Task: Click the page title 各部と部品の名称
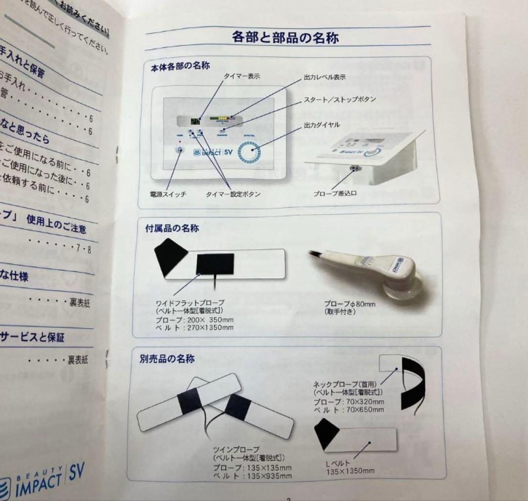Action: (x=286, y=37)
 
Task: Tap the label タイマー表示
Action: (x=242, y=76)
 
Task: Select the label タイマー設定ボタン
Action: (x=233, y=194)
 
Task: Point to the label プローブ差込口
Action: (x=335, y=193)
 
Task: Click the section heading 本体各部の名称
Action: (x=180, y=65)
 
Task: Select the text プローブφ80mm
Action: (x=350, y=304)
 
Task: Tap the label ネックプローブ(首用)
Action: (x=345, y=385)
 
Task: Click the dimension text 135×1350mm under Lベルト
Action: (x=351, y=471)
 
